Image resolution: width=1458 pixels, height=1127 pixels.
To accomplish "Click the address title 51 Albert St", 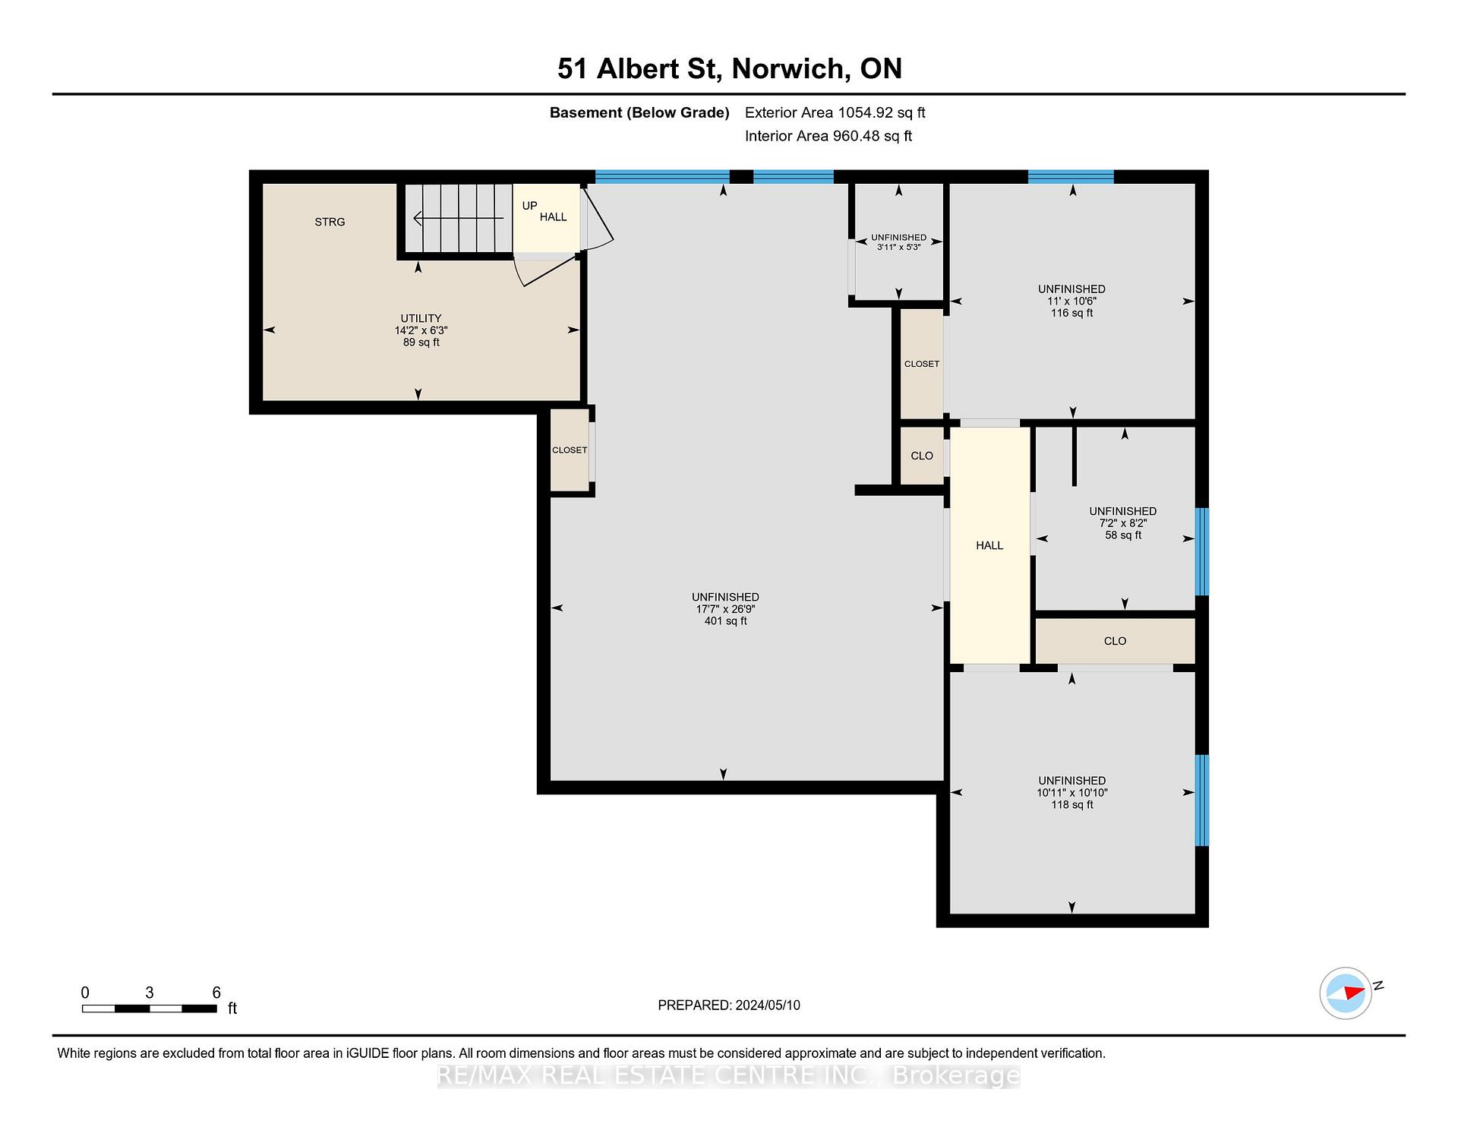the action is (x=638, y=68).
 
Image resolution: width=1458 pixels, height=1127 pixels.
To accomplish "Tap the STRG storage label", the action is (x=330, y=222).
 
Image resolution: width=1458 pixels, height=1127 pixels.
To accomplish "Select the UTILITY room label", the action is (x=421, y=318).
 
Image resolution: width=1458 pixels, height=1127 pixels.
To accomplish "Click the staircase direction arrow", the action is (x=458, y=219).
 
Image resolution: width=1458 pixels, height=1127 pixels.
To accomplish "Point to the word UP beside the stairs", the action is (x=529, y=206).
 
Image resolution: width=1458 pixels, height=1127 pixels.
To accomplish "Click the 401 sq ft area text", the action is (x=725, y=621).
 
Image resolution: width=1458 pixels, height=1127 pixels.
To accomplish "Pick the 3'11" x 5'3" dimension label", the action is (x=899, y=247).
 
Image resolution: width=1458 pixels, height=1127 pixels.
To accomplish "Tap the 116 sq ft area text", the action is (x=1071, y=313).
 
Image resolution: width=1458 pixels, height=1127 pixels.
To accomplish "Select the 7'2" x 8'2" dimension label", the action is (x=1123, y=523).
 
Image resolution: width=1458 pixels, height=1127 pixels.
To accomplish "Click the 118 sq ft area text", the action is (x=1071, y=805).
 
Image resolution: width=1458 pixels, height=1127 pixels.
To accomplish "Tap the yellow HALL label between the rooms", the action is (x=989, y=545).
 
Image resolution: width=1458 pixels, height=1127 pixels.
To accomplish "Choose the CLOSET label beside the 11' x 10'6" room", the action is (x=922, y=364).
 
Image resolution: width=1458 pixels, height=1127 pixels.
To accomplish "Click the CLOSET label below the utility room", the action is (x=570, y=450).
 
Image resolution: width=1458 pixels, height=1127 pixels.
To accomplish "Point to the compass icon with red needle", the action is (x=1346, y=993).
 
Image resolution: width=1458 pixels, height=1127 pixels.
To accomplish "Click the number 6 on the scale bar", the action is (x=216, y=993).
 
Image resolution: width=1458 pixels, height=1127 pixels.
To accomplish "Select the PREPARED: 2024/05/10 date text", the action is (x=729, y=1005).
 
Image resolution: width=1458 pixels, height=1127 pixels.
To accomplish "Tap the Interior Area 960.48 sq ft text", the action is (x=828, y=136).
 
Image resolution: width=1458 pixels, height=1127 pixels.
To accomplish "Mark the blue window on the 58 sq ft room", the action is (x=1202, y=552).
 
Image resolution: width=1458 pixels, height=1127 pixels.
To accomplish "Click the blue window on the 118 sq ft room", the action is (x=1202, y=800).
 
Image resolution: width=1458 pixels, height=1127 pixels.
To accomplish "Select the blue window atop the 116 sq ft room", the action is (x=1071, y=177).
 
